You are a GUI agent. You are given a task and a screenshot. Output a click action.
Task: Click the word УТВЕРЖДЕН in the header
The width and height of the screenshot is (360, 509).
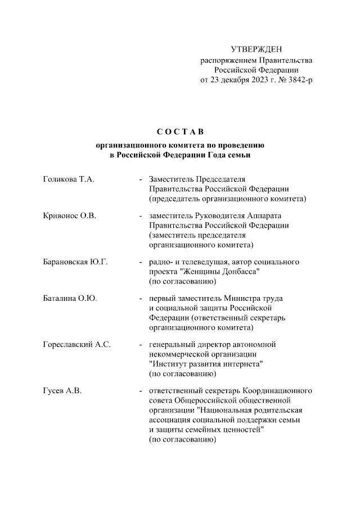(257, 51)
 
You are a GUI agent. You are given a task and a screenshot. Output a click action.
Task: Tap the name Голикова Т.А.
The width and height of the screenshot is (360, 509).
(68, 179)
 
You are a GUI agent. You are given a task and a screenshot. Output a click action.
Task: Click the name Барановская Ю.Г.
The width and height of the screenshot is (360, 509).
(75, 262)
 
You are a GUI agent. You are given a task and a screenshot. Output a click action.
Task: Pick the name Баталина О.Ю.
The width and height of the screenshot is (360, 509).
(70, 298)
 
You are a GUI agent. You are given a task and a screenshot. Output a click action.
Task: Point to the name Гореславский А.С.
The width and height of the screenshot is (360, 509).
(76, 344)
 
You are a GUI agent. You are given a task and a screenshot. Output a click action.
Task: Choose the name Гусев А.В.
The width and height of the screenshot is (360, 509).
(62, 390)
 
